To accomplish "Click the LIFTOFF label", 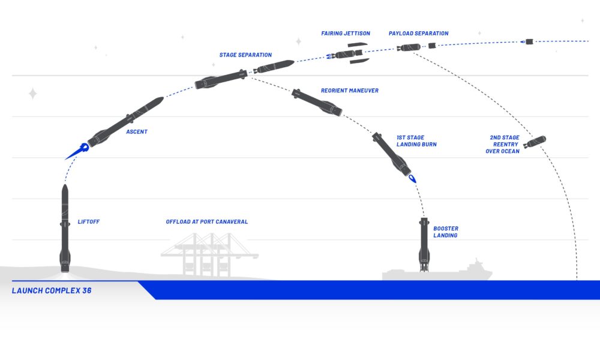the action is tap(88, 221).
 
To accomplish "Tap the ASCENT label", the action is tap(137, 131).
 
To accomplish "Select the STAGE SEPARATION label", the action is tap(245, 55).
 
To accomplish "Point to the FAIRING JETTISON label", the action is tap(346, 33).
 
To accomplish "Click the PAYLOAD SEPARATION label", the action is tap(418, 33).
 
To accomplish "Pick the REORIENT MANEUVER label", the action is tap(349, 91).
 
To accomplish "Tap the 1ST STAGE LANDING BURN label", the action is tap(416, 141).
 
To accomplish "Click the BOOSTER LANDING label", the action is tap(445, 232).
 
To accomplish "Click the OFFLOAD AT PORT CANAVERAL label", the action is tap(206, 221).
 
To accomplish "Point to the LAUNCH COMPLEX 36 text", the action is tap(52, 290).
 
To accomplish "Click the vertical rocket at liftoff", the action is tap(65, 229).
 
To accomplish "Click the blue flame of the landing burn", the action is tap(412, 178).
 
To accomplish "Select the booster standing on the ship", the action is tap(424, 245).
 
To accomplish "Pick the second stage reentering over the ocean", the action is tap(535, 142).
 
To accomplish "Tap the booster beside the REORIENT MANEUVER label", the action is tap(316, 103).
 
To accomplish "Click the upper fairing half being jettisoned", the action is tap(358, 45).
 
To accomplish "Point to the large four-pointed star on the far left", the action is tap(33, 94).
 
